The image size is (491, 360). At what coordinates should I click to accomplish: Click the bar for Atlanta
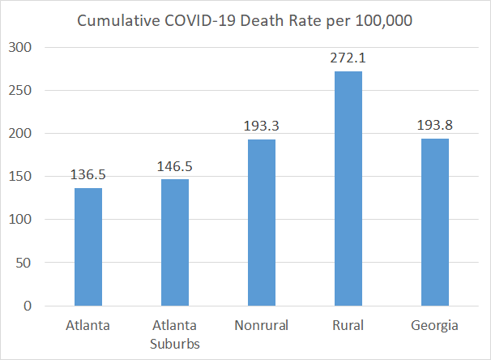tap(88, 247)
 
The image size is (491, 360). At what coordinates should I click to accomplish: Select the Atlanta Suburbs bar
tap(175, 242)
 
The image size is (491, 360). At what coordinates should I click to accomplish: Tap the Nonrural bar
tap(262, 222)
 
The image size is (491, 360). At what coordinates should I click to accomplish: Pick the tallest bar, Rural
tap(348, 189)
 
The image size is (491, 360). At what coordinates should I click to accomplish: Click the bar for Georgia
tap(435, 222)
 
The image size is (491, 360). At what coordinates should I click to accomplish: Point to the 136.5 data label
tap(88, 175)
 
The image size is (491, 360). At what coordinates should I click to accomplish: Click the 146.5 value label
tap(175, 166)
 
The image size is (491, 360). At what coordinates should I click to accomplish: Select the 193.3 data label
tap(262, 126)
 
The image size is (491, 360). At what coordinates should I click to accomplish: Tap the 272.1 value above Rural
tap(348, 58)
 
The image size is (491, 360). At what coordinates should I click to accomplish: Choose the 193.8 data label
tap(435, 126)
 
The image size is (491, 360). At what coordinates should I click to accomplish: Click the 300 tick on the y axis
tap(20, 48)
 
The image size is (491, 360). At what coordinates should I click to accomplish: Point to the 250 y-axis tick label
tap(20, 91)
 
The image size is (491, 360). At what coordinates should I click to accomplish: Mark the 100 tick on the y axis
tap(20, 219)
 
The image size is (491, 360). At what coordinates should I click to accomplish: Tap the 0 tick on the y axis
tap(28, 306)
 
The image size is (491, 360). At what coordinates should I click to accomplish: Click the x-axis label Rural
tap(348, 325)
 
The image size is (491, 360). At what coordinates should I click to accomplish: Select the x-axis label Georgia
tap(434, 326)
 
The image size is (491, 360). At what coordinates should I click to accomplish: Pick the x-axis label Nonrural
tap(262, 325)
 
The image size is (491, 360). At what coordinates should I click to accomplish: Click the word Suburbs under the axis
tap(175, 344)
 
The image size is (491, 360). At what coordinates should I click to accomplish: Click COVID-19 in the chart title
tap(200, 21)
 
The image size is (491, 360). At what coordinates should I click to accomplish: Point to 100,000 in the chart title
tap(384, 21)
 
